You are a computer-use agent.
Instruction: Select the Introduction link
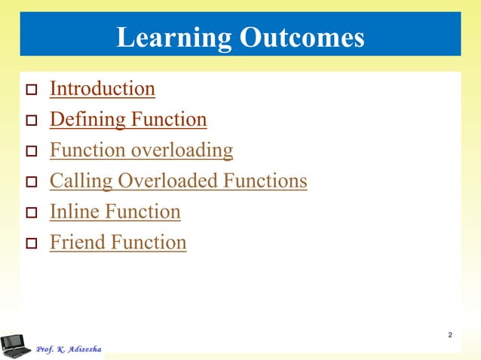[102, 89]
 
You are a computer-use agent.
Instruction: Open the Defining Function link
[127, 120]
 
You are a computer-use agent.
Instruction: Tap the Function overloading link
[141, 151]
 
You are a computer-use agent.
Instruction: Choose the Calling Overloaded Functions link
[178, 182]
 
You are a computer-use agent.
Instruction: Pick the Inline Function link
[115, 212]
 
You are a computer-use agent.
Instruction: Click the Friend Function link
[118, 243]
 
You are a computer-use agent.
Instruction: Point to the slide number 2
[449, 334]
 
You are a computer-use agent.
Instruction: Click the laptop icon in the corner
[15, 345]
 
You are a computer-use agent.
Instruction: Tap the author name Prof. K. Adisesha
[69, 349]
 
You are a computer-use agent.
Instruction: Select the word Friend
[77, 243]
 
